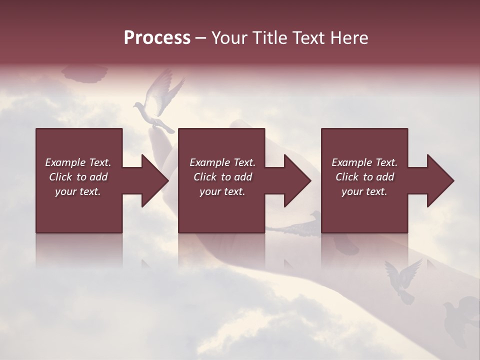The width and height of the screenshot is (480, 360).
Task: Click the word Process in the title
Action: coord(157,38)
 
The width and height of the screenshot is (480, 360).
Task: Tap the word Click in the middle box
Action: coord(204,177)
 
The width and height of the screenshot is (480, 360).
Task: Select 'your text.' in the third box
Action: coord(364,191)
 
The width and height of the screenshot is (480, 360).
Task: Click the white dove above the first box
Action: coord(156,102)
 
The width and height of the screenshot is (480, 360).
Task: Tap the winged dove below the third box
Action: coord(402,280)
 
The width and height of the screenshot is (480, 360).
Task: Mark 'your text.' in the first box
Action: coord(78,191)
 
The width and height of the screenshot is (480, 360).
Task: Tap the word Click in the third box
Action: coord(346,177)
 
